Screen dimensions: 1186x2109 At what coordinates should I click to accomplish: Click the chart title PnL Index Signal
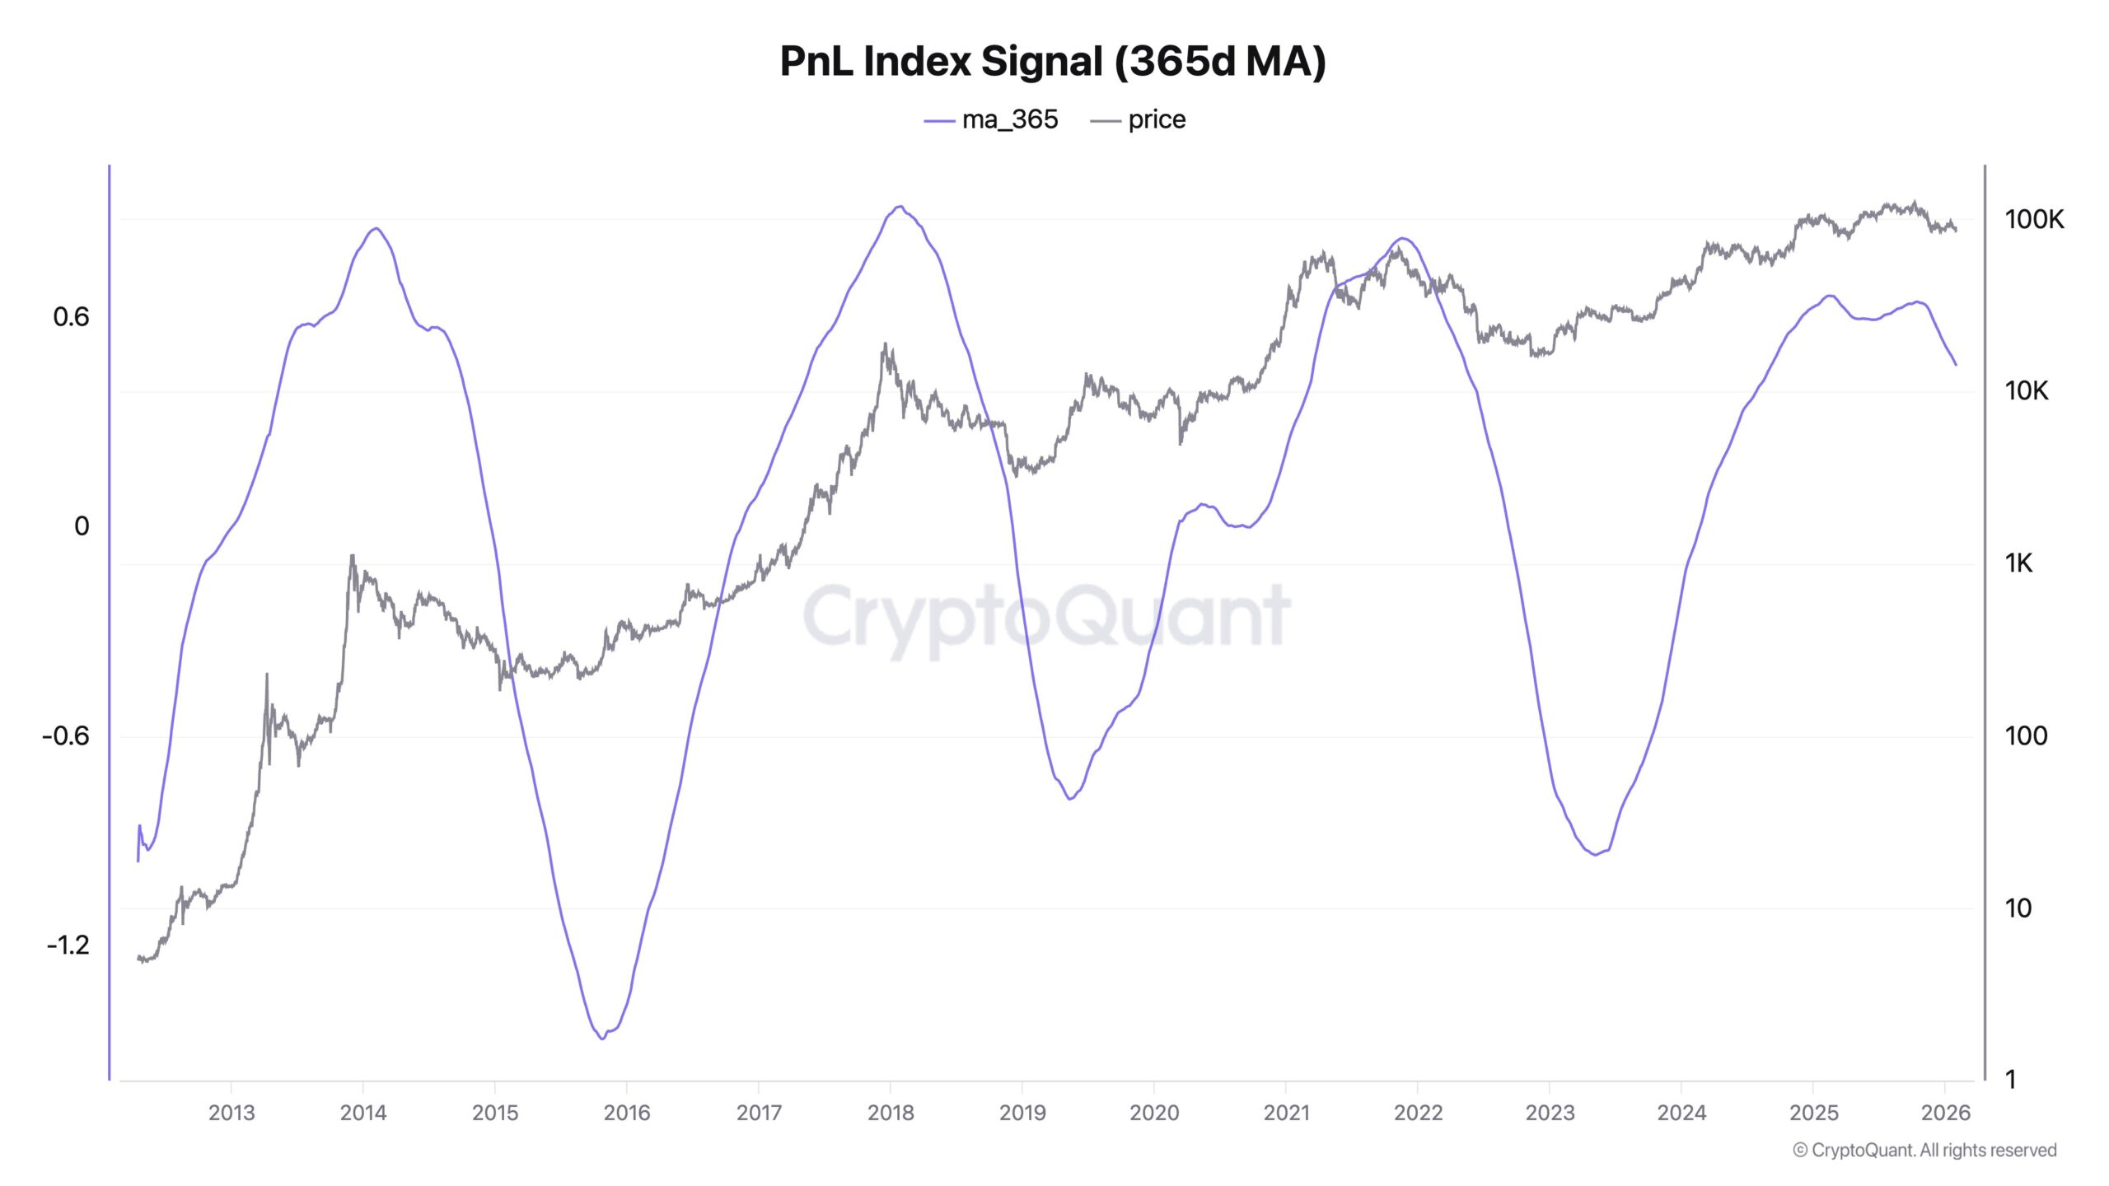point(1052,62)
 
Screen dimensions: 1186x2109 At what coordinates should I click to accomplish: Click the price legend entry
point(1139,120)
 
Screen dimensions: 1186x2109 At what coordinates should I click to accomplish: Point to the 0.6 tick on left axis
point(71,317)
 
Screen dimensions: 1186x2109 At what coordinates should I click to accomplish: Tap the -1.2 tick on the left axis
point(68,945)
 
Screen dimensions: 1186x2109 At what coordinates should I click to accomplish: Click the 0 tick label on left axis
point(82,526)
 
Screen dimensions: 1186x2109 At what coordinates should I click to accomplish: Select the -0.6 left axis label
point(66,735)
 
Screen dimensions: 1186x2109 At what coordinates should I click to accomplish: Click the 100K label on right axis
point(2034,219)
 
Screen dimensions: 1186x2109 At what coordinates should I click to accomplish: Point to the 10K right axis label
point(2026,390)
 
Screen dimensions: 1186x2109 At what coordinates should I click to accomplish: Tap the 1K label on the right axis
point(2018,563)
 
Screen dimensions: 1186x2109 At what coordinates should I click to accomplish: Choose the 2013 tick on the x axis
point(231,1113)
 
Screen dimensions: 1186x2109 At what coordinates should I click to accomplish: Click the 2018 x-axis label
point(891,1113)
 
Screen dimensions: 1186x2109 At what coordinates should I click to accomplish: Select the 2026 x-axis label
point(1945,1113)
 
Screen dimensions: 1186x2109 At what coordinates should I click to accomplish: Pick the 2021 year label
point(1286,1113)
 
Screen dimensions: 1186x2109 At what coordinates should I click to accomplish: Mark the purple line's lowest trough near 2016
point(602,1039)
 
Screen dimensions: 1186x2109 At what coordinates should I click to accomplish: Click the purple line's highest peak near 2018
point(900,207)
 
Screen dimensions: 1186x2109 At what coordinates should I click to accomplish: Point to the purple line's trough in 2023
point(1596,854)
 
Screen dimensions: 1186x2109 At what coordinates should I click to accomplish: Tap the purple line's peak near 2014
point(376,228)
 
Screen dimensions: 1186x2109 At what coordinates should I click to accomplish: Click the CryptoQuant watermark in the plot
point(1046,616)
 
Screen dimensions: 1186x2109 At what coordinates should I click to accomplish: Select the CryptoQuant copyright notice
point(1924,1150)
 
